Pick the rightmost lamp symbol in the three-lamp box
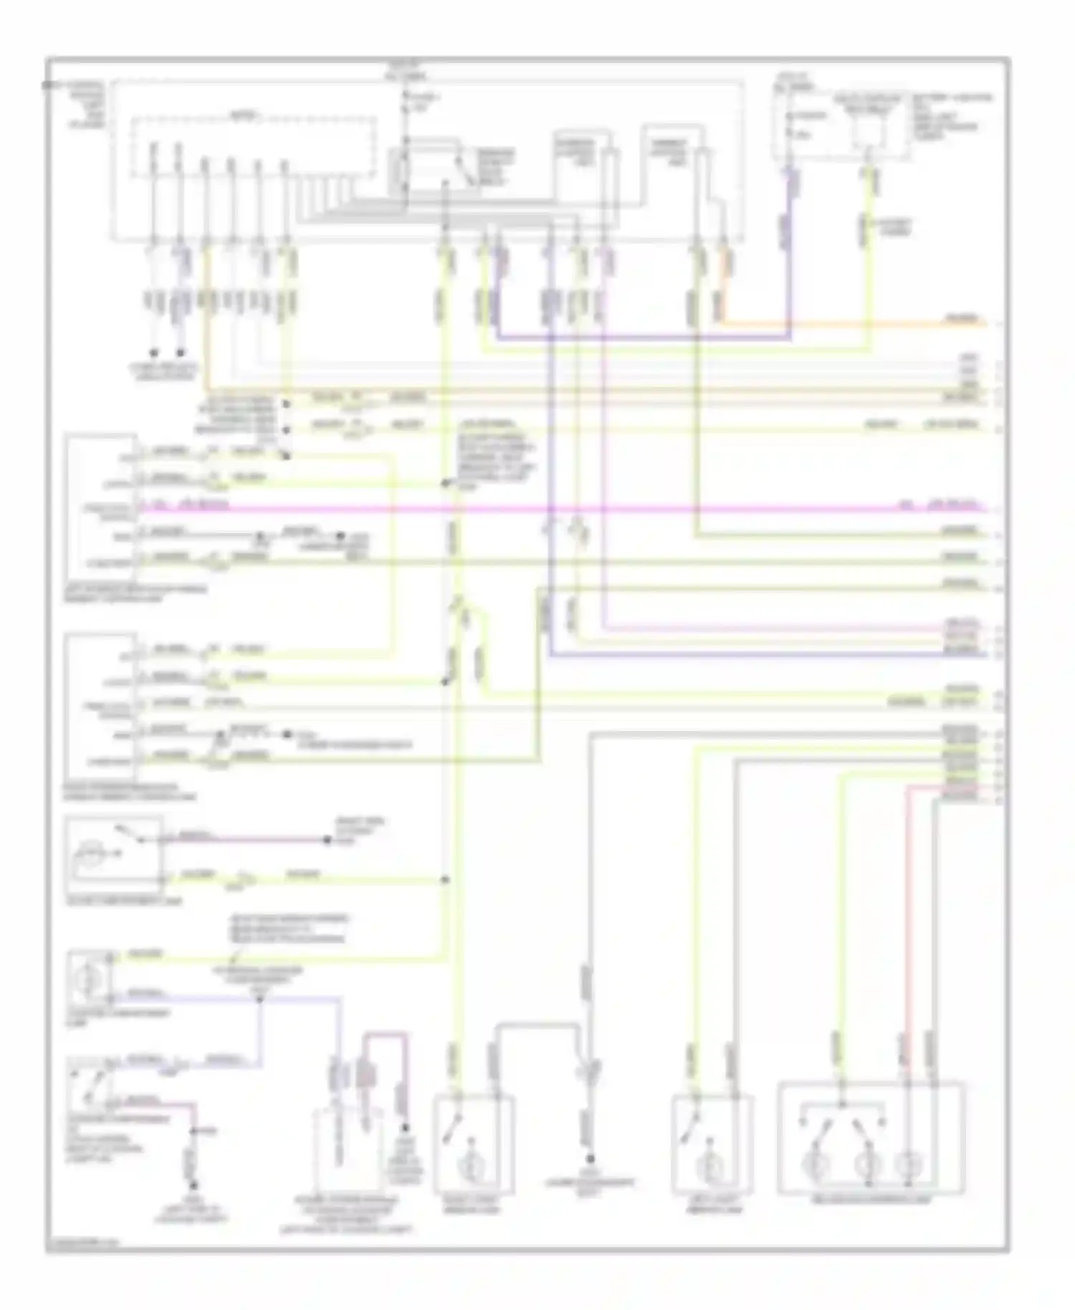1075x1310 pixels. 910,1163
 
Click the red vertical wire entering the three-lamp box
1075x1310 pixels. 907,932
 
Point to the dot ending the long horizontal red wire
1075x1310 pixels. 328,840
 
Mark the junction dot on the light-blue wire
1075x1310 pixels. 259,998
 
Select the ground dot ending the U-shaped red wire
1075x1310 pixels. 403,1128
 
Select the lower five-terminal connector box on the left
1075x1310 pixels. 101,706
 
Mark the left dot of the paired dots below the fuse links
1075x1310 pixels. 154,353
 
